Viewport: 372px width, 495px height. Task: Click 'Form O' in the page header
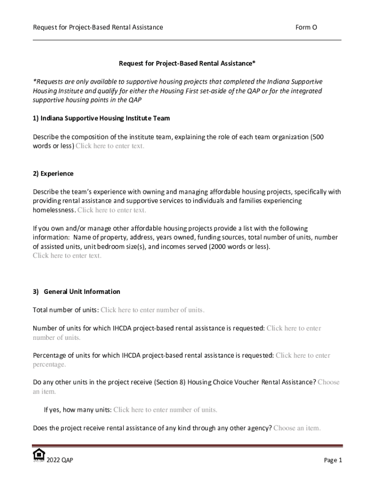[x=306, y=28]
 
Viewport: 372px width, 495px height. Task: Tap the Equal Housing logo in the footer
[x=39, y=455]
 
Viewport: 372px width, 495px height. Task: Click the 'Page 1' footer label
[x=333, y=460]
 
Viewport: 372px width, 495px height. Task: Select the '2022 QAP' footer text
[x=60, y=460]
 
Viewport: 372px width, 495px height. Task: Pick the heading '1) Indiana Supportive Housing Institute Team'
[x=101, y=118]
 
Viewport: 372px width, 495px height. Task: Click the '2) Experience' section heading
[x=53, y=174]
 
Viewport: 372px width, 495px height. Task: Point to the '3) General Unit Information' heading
[x=76, y=292]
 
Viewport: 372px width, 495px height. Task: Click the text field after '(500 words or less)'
[x=110, y=146]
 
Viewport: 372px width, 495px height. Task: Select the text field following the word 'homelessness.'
[x=112, y=210]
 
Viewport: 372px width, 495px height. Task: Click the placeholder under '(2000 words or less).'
[x=67, y=256]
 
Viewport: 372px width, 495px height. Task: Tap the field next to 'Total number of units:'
[x=152, y=310]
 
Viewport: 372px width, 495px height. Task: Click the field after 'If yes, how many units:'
[x=165, y=410]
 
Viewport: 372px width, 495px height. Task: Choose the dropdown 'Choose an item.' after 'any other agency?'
[x=297, y=428]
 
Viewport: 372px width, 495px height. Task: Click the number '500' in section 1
[x=318, y=137]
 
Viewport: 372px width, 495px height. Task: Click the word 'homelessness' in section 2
[x=54, y=210]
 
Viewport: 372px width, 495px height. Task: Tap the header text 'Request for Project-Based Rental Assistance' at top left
[x=98, y=28]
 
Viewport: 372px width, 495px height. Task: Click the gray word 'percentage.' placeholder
[x=49, y=364]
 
